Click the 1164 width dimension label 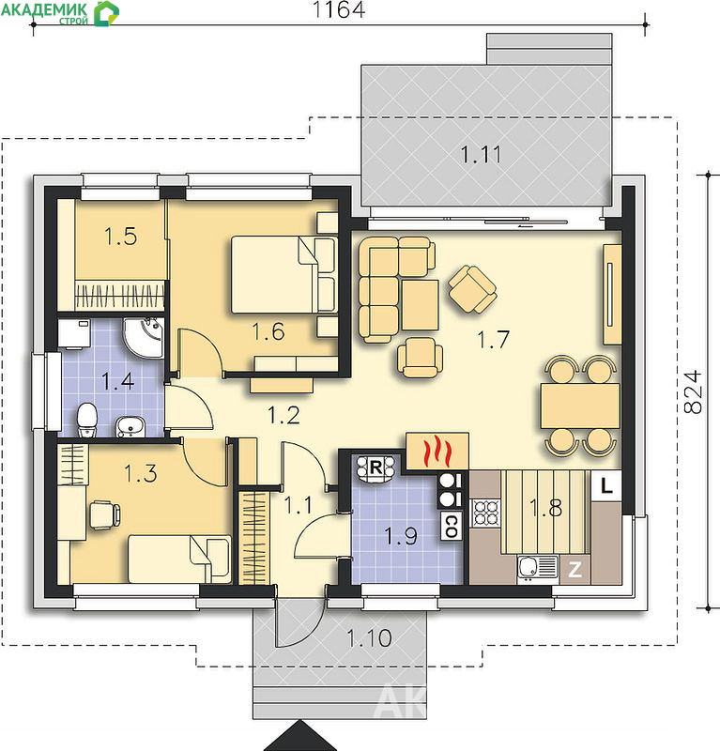(339, 9)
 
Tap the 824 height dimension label (693, 391)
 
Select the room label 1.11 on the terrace (481, 154)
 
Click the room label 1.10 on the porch (369, 638)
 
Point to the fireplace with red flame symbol (437, 451)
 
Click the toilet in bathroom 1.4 (86, 420)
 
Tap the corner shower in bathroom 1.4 (144, 337)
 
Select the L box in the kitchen (606, 486)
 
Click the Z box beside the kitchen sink (574, 570)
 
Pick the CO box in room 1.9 (451, 526)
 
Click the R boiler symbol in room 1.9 (375, 467)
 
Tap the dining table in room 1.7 (579, 406)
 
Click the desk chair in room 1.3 (105, 514)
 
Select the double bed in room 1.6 (283, 274)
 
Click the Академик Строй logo (59, 13)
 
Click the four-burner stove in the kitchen (486, 512)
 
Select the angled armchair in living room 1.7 (472, 289)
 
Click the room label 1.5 (121, 237)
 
